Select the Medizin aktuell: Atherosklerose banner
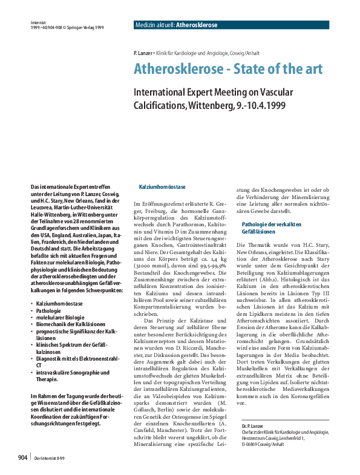(175, 25)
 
